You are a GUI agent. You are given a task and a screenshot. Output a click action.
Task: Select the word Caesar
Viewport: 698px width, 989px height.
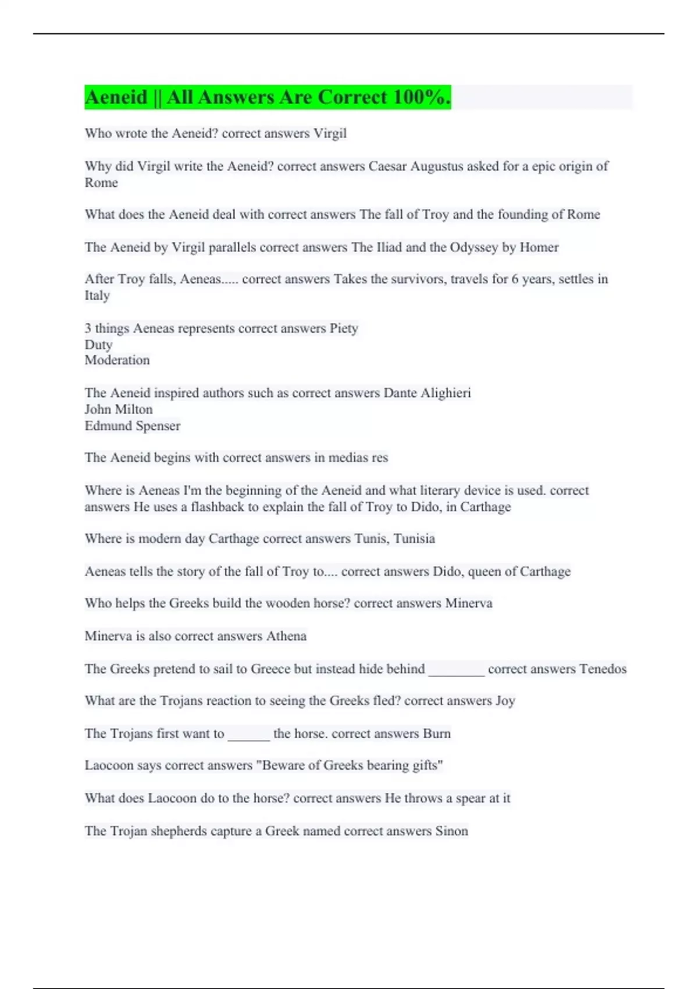pyautogui.click(x=387, y=166)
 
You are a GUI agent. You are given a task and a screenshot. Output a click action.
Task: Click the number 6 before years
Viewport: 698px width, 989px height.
pyautogui.click(x=515, y=279)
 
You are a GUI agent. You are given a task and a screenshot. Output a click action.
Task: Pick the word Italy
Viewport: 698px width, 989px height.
pyautogui.click(x=97, y=296)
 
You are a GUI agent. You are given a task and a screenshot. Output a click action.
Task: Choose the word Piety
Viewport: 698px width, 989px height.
pyautogui.click(x=344, y=329)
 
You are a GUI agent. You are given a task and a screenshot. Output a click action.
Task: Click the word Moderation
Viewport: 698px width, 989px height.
pyautogui.click(x=117, y=360)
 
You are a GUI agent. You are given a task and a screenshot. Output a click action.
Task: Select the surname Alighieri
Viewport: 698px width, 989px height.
pyautogui.click(x=444, y=393)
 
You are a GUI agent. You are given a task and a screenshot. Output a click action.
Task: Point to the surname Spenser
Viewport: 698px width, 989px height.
pyautogui.click(x=157, y=426)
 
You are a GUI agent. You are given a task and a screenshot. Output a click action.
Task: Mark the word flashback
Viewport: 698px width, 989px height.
pyautogui.click(x=218, y=507)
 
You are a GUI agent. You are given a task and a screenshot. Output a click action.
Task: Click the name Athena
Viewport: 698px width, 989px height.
pyautogui.click(x=286, y=636)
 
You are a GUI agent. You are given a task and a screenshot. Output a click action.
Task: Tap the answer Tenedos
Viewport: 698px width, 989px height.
pyautogui.click(x=603, y=669)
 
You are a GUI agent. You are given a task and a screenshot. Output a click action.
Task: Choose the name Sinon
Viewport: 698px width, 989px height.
pyautogui.click(x=451, y=831)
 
